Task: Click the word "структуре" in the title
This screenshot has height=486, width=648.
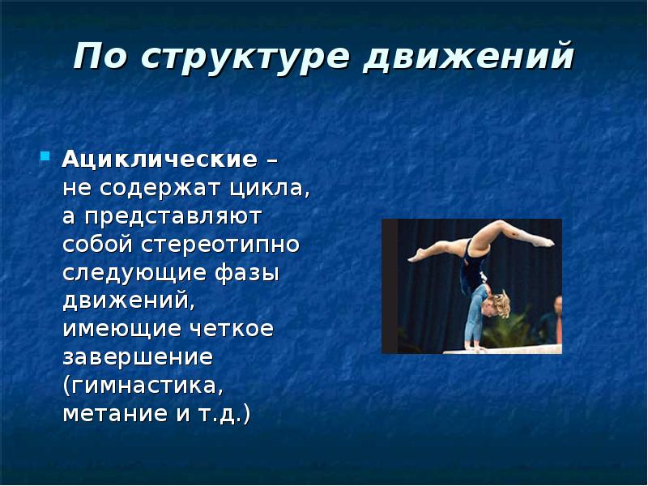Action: (x=248, y=58)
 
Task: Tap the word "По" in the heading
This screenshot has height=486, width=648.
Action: (x=100, y=56)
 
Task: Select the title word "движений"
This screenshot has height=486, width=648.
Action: (x=469, y=58)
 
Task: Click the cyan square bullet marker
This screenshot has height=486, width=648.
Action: (x=45, y=156)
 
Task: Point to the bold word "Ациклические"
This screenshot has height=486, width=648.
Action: (x=160, y=159)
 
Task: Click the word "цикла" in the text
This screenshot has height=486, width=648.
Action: (x=270, y=189)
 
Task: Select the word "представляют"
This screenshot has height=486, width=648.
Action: (x=173, y=217)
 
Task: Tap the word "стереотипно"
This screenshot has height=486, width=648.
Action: (x=220, y=245)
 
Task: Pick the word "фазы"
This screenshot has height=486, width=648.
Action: (x=247, y=274)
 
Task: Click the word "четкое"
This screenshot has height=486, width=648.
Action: (x=232, y=329)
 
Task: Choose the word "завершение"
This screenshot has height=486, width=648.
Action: (x=138, y=357)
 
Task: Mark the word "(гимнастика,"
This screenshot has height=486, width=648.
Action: (x=143, y=386)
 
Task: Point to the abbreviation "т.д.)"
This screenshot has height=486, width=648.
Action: (x=224, y=414)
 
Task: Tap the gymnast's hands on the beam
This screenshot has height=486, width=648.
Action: (x=475, y=347)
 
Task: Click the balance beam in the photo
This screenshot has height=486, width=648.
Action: (x=502, y=349)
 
